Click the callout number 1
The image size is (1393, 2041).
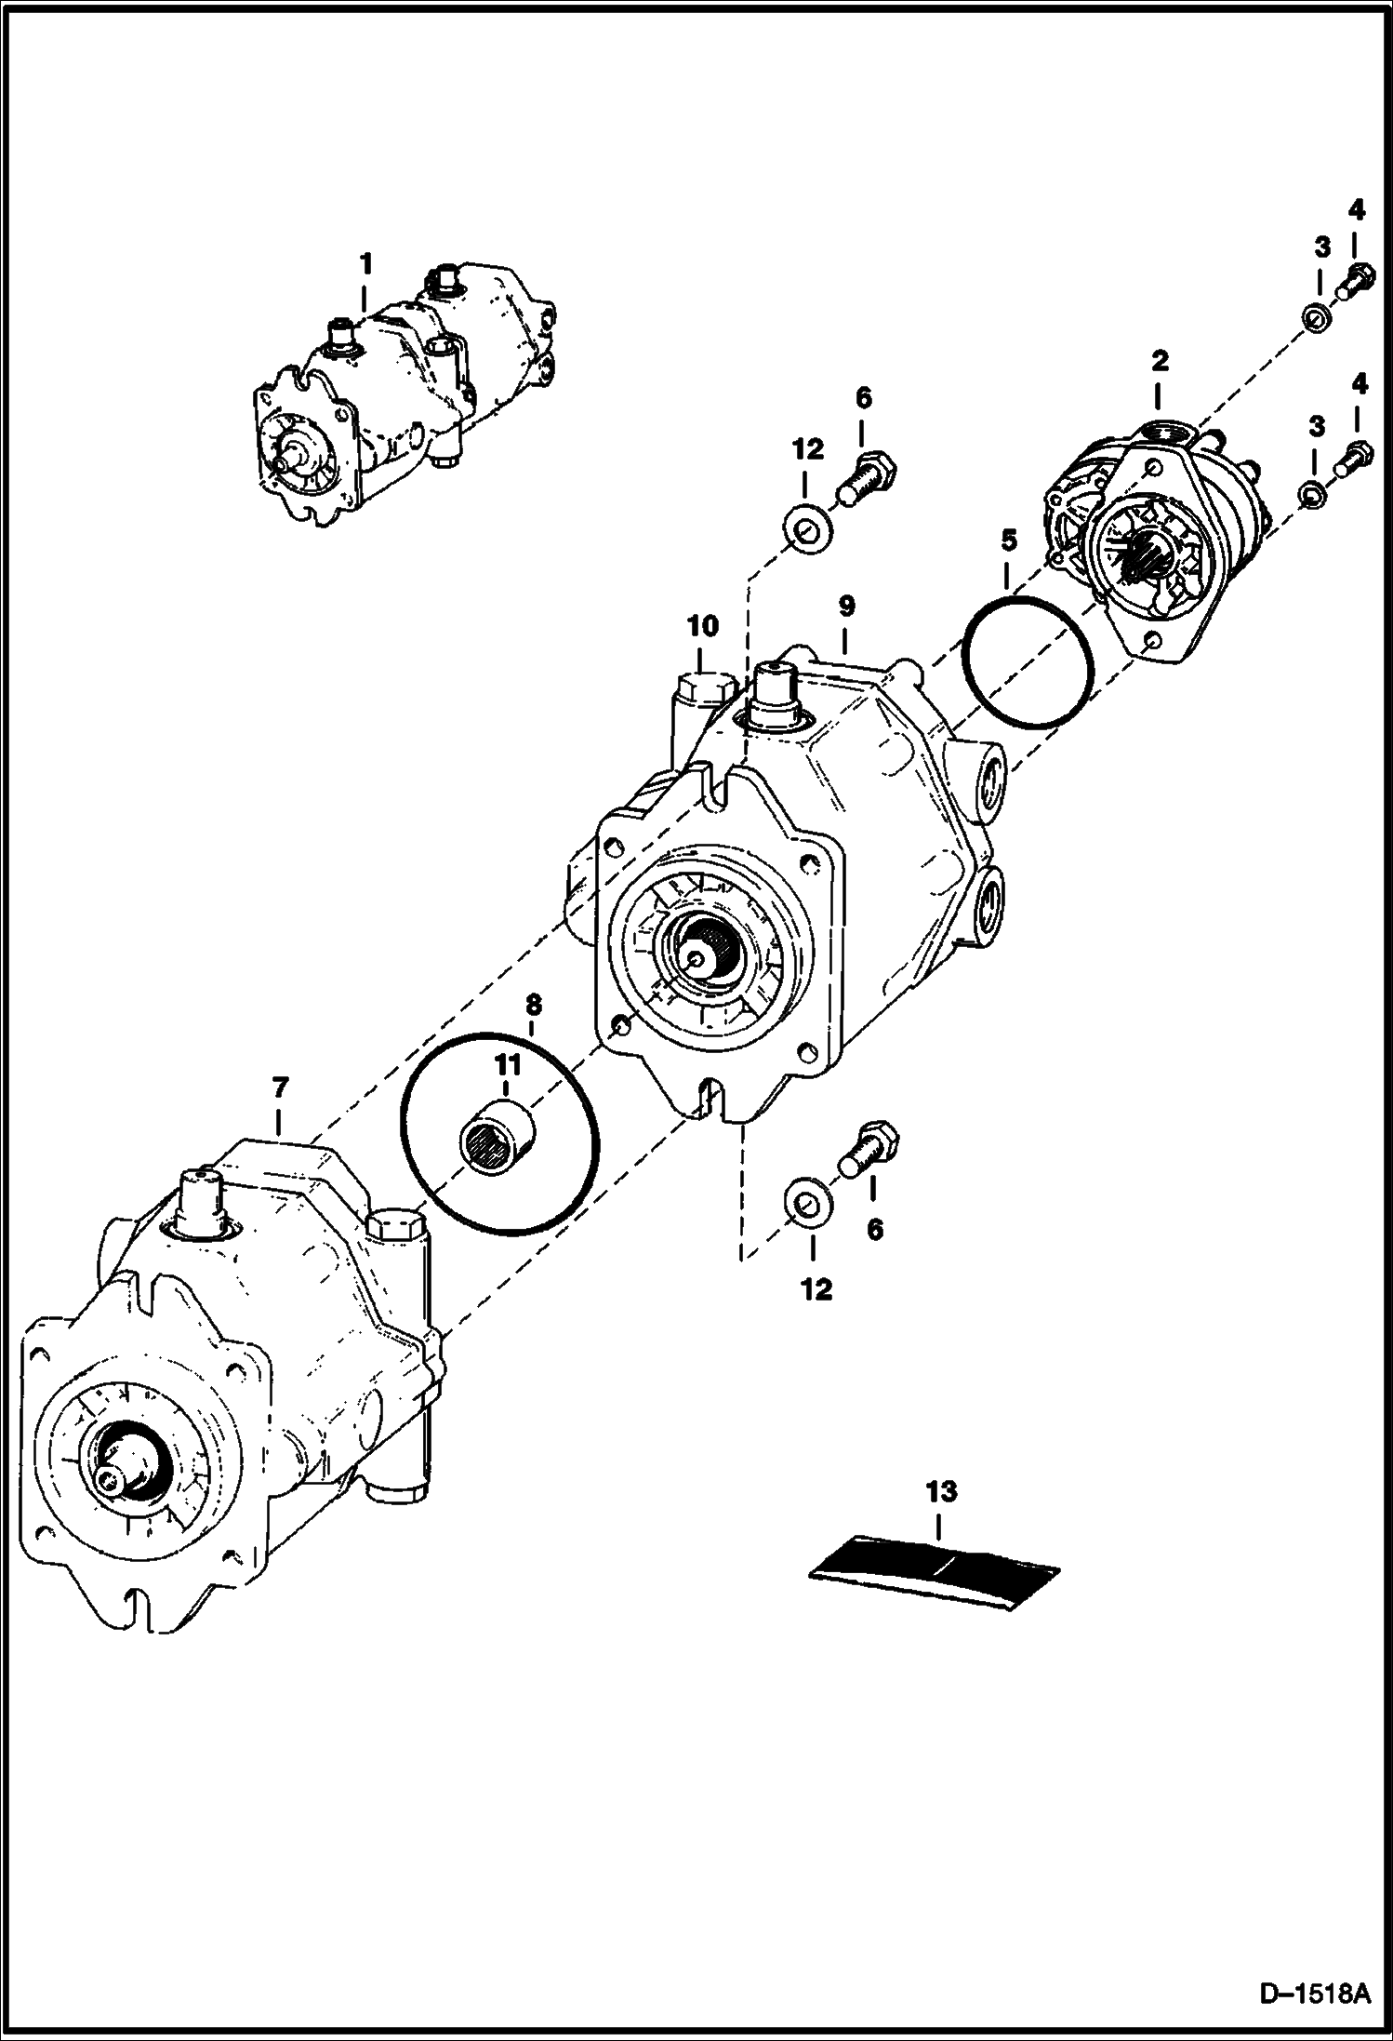tap(366, 264)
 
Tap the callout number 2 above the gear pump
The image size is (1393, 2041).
tap(1160, 360)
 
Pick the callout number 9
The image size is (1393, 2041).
tap(845, 607)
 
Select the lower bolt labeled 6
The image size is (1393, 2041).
tap(869, 1150)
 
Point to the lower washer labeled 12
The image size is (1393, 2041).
tap(807, 1201)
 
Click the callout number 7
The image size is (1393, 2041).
tap(280, 1087)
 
